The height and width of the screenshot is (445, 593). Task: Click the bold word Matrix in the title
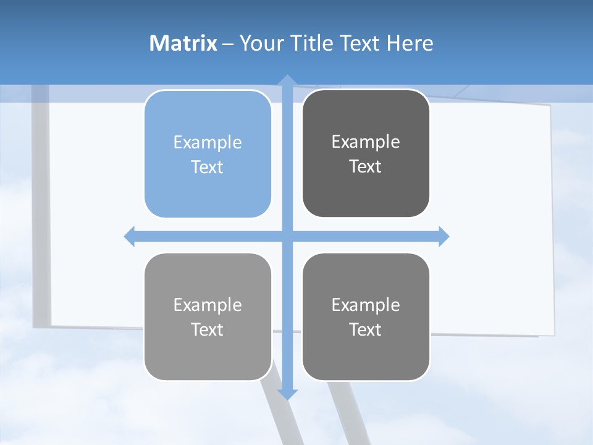tap(183, 43)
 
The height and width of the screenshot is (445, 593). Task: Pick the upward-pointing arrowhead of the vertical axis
tap(287, 80)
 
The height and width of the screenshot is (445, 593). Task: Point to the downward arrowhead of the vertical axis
tap(287, 394)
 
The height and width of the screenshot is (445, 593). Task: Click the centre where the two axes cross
tap(287, 236)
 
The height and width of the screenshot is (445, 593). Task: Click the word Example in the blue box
tap(208, 142)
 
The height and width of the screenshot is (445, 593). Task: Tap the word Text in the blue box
tap(208, 167)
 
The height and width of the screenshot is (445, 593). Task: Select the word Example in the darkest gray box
tap(366, 142)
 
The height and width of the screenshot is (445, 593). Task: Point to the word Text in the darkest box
tap(366, 166)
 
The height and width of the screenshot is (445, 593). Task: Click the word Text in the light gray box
tap(208, 329)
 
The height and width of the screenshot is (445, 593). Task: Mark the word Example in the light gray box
tap(208, 305)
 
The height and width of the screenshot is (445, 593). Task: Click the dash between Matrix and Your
tap(228, 44)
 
